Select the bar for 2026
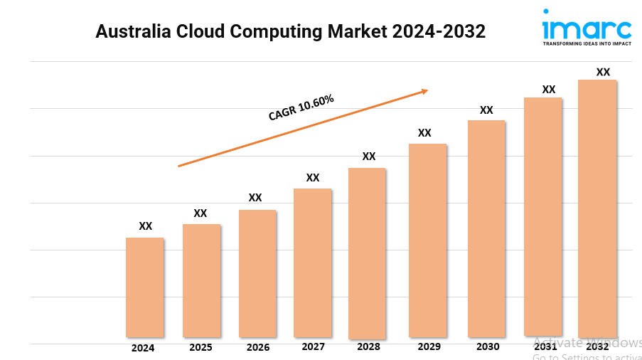[257, 273]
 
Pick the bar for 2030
[486, 228]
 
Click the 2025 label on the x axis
[200, 348]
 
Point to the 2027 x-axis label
[313, 346]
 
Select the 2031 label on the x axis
[545, 346]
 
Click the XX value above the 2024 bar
[145, 226]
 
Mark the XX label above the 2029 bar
[424, 132]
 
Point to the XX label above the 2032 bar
[603, 72]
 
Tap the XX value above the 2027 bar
[313, 177]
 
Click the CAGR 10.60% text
[301, 107]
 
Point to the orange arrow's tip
[427, 90]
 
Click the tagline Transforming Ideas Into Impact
[587, 43]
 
